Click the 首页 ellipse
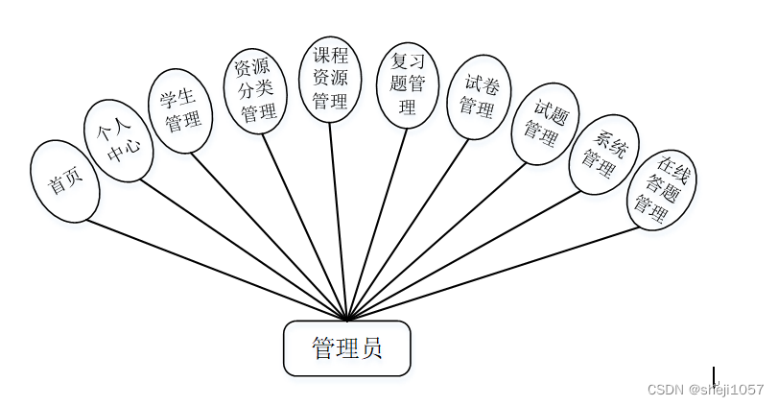point(65,181)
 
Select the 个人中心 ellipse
point(118,141)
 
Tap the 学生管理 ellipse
point(181,110)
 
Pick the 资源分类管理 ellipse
point(255,91)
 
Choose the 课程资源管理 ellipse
point(330,79)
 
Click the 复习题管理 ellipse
point(408,84)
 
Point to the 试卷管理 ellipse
point(479,96)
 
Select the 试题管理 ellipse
point(545,124)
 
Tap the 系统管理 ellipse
point(603,155)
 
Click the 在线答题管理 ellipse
point(662,189)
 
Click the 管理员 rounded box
point(347,348)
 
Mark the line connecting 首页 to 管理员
point(216,270)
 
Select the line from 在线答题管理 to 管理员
point(493,274)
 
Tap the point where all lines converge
point(347,320)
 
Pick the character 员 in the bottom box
point(371,348)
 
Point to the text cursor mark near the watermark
point(714,375)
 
